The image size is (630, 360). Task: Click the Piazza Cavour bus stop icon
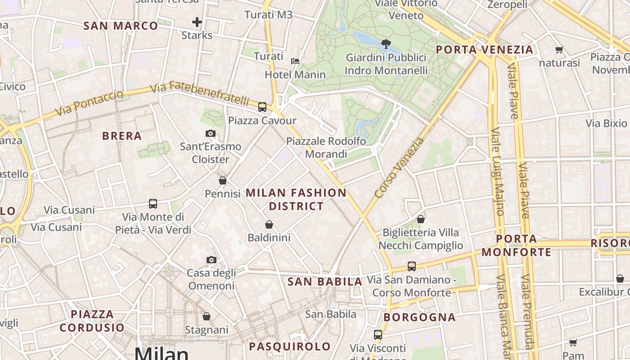pyautogui.click(x=262, y=107)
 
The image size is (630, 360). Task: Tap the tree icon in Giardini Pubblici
pyautogui.click(x=386, y=44)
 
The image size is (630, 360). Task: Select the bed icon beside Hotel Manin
pyautogui.click(x=295, y=61)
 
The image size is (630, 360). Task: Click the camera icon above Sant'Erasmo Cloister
pyautogui.click(x=210, y=133)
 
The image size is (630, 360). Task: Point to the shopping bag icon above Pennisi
pyautogui.click(x=222, y=180)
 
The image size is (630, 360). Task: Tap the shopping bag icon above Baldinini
pyautogui.click(x=269, y=224)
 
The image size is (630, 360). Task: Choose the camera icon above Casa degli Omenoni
pyautogui.click(x=211, y=260)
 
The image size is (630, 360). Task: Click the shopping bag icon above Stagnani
pyautogui.click(x=207, y=316)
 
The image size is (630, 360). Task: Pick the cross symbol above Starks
pyautogui.click(x=197, y=22)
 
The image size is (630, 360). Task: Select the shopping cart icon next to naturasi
pyautogui.click(x=559, y=50)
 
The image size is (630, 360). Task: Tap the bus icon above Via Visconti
pyautogui.click(x=378, y=335)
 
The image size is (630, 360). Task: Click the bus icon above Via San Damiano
pyautogui.click(x=412, y=266)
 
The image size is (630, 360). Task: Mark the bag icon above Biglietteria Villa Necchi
pyautogui.click(x=421, y=219)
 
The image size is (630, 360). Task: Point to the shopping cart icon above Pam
pyautogui.click(x=573, y=343)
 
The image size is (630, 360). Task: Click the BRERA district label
pyautogui.click(x=121, y=136)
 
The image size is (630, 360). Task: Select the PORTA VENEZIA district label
pyautogui.click(x=485, y=49)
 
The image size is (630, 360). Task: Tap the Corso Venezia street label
pyautogui.click(x=399, y=168)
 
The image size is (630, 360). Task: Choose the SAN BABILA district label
pyautogui.click(x=324, y=282)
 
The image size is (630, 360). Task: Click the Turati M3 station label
pyautogui.click(x=268, y=15)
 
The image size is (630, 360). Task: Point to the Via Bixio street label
pyautogui.click(x=606, y=123)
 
